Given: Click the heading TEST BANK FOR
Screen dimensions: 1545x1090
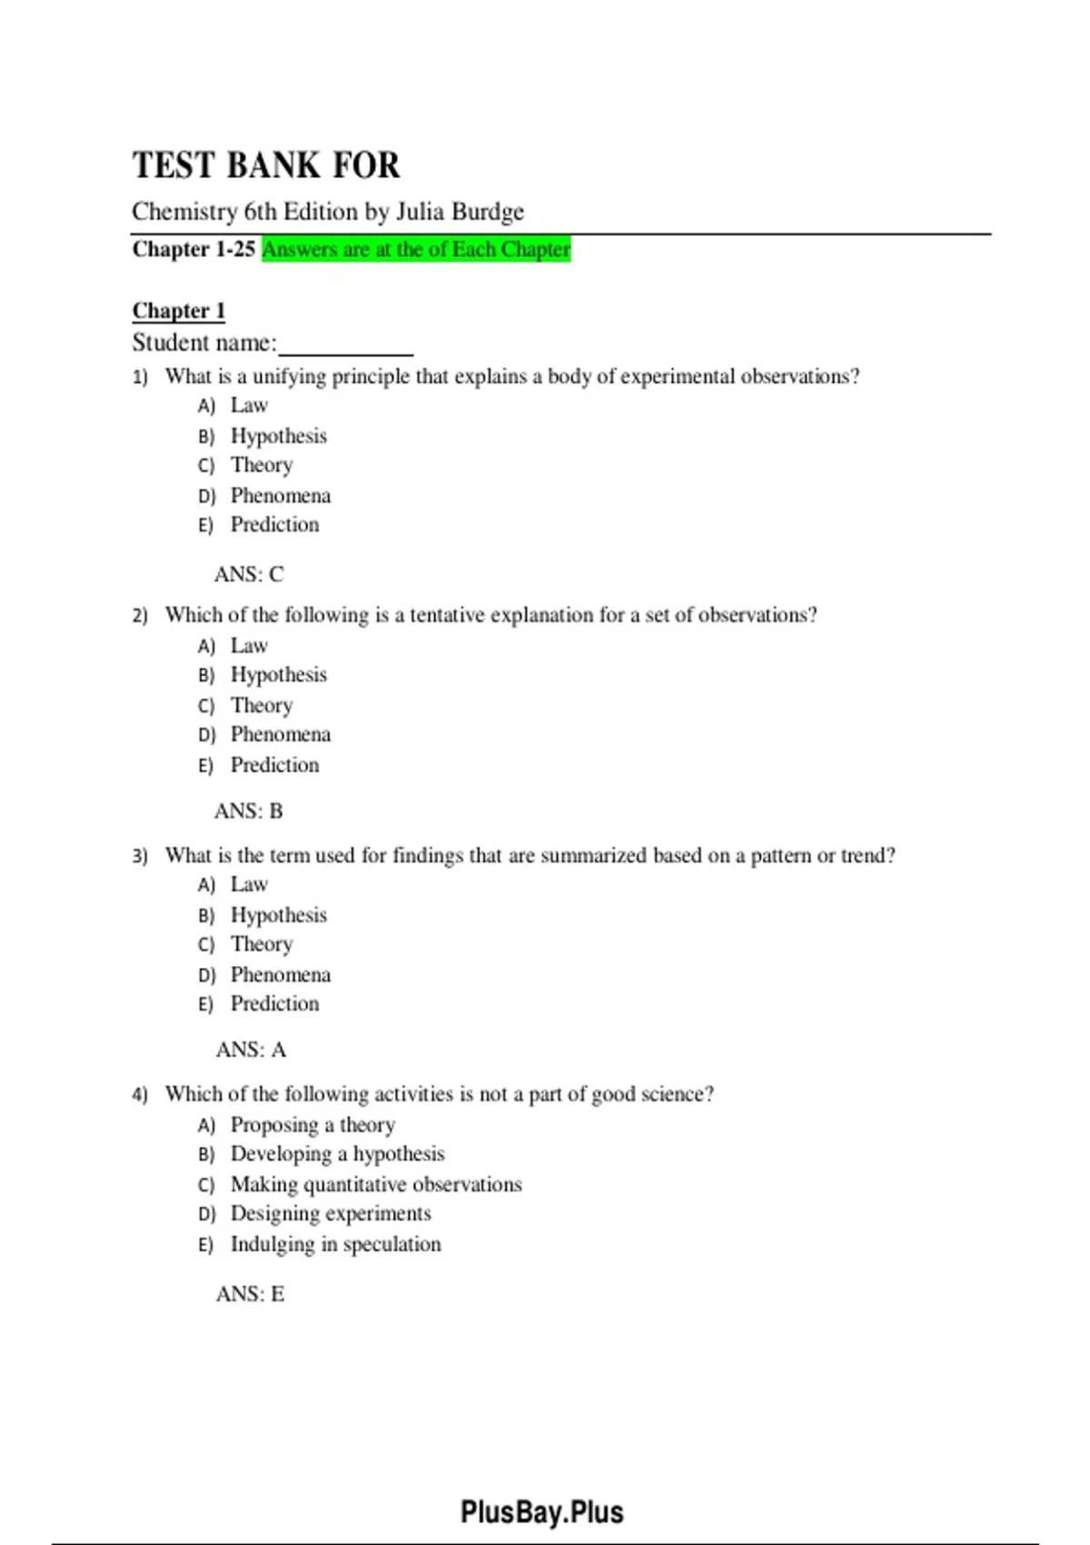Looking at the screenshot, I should click(266, 165).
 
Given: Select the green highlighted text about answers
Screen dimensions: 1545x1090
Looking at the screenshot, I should click(416, 249).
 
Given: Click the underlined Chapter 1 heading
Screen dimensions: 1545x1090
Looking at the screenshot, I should click(178, 311).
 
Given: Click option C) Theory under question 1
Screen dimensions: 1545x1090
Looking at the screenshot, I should click(262, 465).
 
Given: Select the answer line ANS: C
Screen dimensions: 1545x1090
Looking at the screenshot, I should click(249, 574).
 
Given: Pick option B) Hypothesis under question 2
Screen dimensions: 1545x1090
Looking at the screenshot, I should click(278, 675).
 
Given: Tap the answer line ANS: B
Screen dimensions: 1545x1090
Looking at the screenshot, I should click(249, 811).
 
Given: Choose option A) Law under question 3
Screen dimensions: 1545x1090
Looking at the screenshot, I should click(249, 884).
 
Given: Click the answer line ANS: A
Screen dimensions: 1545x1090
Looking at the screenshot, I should click(251, 1050).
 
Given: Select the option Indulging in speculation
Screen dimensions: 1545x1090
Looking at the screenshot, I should click(335, 1244).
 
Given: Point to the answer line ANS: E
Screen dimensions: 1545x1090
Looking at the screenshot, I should click(250, 1293).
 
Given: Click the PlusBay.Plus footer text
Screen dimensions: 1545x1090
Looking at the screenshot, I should click(542, 1512).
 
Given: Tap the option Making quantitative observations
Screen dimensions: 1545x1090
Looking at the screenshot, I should click(376, 1184).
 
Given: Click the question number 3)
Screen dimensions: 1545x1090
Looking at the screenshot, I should click(140, 856).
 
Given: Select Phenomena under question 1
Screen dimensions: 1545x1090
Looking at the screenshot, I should click(281, 495).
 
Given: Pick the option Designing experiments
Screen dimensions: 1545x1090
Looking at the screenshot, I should click(331, 1213).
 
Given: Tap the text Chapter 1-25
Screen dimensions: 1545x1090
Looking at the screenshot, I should click(193, 249).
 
